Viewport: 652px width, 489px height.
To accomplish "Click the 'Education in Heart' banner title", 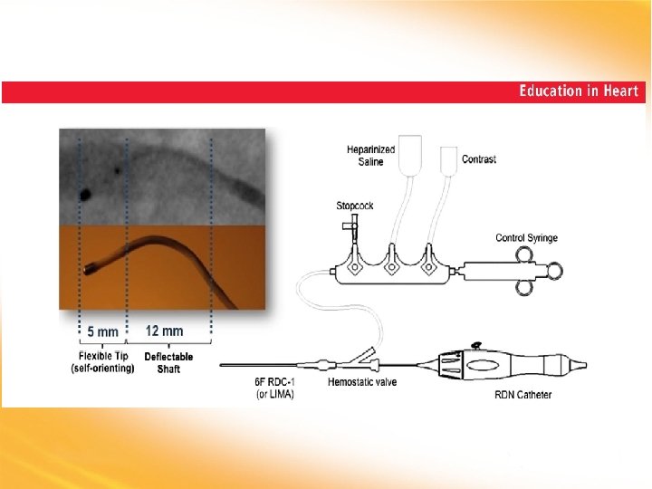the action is [579, 91].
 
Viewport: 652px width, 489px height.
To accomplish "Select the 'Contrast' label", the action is [479, 159].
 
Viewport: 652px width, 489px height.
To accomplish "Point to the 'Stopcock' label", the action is [354, 206].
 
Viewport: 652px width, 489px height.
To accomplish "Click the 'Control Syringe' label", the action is [526, 238].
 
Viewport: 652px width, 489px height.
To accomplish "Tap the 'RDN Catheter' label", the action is [523, 395].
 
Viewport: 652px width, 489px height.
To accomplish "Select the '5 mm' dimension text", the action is [102, 331].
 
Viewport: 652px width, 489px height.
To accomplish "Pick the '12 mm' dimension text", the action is [164, 331].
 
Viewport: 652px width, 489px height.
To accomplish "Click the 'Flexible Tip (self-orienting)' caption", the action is [101, 362].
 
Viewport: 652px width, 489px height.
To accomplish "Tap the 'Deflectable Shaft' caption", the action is [168, 362].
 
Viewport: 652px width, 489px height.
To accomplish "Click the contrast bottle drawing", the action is [447, 158].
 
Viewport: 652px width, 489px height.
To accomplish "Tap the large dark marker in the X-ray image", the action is [85, 193].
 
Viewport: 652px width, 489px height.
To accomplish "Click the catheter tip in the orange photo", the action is [91, 269].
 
